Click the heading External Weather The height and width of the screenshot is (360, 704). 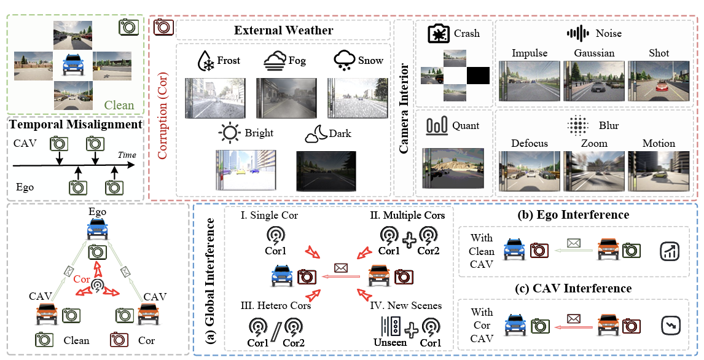[x=284, y=30]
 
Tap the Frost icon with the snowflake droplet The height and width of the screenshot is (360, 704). [x=205, y=61]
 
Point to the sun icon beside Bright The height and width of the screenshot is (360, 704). [x=231, y=133]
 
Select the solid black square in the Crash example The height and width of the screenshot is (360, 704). [x=478, y=76]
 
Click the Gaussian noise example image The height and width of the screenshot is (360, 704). [x=594, y=81]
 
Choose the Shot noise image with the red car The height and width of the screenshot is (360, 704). [x=659, y=81]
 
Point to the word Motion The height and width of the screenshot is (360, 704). [x=659, y=143]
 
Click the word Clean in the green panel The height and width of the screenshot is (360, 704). [x=119, y=105]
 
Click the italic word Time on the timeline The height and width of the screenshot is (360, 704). [x=127, y=155]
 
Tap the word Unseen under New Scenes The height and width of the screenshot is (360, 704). [x=391, y=342]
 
